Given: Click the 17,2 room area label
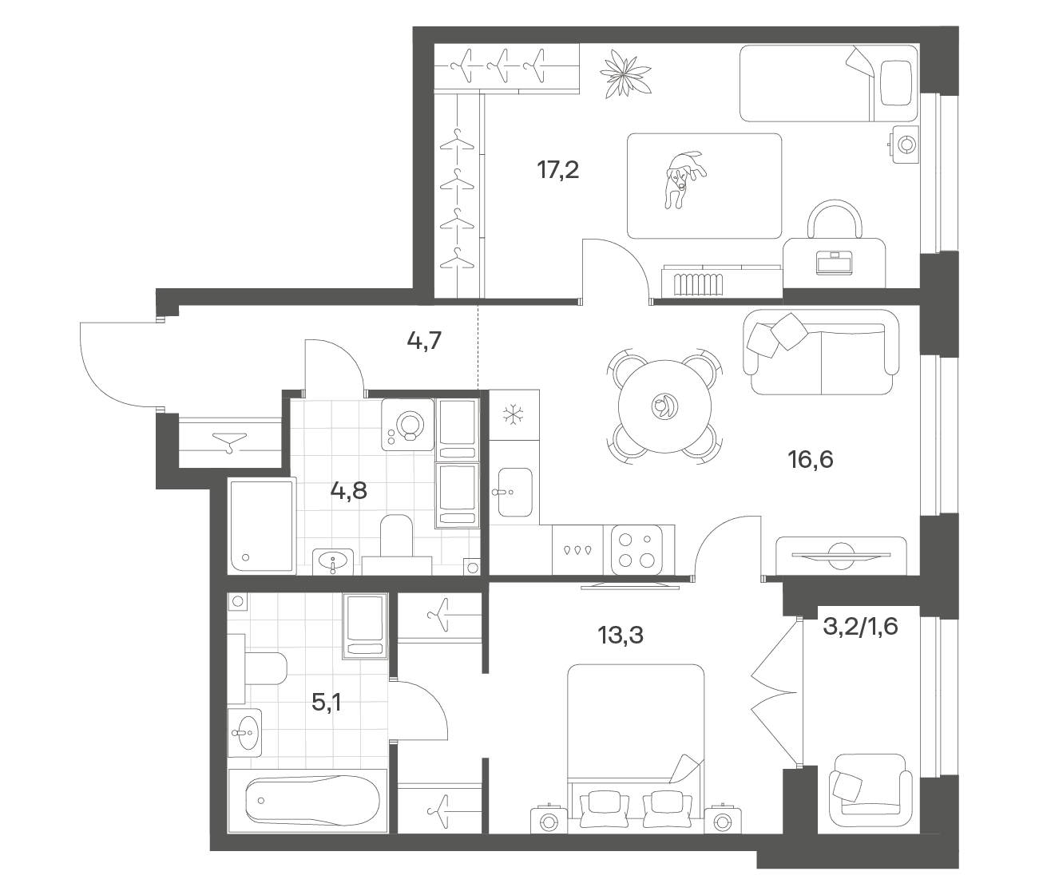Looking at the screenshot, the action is click(558, 170).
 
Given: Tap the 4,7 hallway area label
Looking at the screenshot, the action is click(424, 341).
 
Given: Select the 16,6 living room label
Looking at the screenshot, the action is click(811, 459).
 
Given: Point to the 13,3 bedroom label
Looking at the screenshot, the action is click(621, 636).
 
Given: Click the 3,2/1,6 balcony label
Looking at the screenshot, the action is click(861, 627).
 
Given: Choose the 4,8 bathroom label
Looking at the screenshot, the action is click(348, 490).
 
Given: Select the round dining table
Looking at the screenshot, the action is click(664, 406).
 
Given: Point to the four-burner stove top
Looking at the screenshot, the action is click(636, 549).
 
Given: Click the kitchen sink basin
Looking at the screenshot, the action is click(515, 493).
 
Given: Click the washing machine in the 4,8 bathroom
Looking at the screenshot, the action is click(407, 425).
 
